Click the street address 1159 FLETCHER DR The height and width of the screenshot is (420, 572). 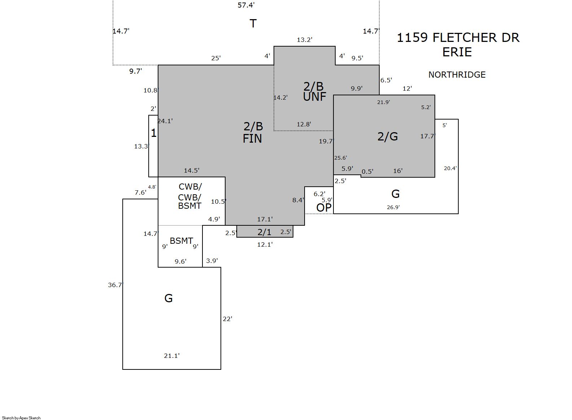click(x=458, y=38)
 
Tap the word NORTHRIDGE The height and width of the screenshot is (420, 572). click(x=457, y=75)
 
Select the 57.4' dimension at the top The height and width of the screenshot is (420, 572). click(x=246, y=5)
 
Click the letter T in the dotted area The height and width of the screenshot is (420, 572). click(x=253, y=23)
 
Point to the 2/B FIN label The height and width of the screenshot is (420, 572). click(x=253, y=132)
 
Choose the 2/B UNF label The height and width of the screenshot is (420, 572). click(x=314, y=91)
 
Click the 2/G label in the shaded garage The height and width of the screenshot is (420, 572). click(x=388, y=137)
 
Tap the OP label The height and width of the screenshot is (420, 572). click(x=324, y=208)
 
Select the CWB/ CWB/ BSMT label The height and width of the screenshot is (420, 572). click(x=190, y=196)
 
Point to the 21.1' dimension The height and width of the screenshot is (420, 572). click(x=172, y=356)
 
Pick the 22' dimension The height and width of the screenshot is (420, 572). click(x=227, y=319)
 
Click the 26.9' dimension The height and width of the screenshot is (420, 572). click(x=393, y=207)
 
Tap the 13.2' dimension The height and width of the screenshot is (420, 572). click(x=305, y=40)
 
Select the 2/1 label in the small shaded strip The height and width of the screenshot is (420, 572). click(x=264, y=232)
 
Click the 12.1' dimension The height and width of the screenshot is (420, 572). click(x=265, y=244)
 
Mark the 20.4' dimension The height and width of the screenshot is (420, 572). click(x=450, y=168)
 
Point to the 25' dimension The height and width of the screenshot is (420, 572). click(x=216, y=58)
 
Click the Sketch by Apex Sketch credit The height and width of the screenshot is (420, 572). click(x=21, y=418)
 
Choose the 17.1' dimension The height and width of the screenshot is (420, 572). click(x=265, y=219)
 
